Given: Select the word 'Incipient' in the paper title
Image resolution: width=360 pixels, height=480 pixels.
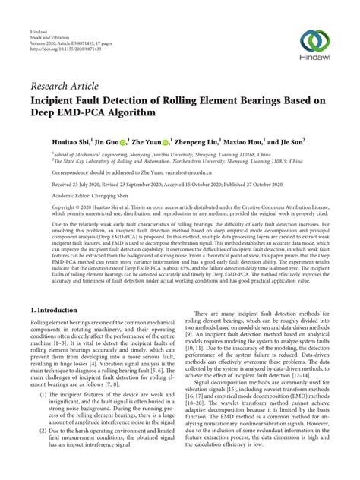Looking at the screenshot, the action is point(58,99).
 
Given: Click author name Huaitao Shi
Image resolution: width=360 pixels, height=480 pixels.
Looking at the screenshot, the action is point(52,141).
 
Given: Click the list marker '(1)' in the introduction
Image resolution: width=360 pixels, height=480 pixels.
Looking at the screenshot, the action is point(37,394).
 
